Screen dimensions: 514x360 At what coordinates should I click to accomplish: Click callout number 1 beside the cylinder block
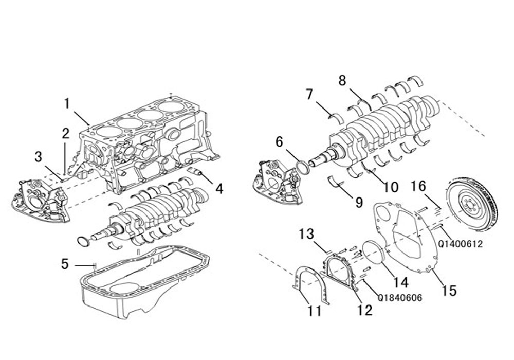[x=67, y=104]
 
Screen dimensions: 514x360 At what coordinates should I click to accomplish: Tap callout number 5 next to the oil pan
[x=65, y=264]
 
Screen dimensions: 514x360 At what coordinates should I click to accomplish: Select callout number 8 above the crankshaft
[x=342, y=80]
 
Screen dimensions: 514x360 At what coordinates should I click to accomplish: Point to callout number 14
[x=400, y=283]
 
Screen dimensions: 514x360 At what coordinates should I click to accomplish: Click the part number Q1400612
[x=460, y=244]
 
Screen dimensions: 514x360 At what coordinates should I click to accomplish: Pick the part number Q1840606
[x=400, y=298]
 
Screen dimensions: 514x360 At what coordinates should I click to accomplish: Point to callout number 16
[x=418, y=186]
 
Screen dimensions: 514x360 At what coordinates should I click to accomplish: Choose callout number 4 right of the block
[x=219, y=189]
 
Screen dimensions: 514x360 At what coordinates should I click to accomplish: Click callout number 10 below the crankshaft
[x=391, y=187]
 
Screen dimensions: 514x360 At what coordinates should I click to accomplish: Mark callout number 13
[x=306, y=234]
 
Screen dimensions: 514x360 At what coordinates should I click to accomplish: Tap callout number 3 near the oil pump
[x=39, y=157]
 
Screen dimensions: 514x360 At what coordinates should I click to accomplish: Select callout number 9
[x=359, y=203]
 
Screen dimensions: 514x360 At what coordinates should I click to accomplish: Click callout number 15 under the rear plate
[x=449, y=291]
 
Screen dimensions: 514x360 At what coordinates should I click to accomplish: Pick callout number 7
[x=309, y=95]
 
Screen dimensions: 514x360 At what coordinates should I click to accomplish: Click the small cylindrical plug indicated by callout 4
[x=196, y=171]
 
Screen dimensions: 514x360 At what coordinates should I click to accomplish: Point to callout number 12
[x=365, y=310]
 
